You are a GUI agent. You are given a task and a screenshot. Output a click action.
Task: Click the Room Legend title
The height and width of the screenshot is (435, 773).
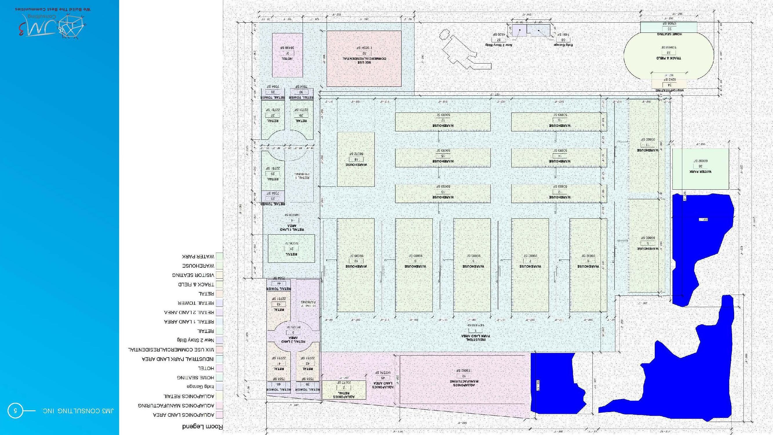203,427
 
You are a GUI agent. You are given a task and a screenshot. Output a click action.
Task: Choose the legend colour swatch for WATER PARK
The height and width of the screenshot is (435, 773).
219,256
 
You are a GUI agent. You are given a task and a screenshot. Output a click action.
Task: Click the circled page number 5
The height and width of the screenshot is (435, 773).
15,410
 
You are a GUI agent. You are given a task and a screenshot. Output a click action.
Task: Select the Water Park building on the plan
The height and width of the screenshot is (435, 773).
700,169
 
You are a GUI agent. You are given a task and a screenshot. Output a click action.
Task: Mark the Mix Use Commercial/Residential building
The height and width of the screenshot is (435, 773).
364,59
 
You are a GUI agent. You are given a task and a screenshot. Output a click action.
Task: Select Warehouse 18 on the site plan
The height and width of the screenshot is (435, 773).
356,159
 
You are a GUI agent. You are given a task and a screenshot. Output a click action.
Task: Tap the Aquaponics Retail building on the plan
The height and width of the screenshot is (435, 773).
343,390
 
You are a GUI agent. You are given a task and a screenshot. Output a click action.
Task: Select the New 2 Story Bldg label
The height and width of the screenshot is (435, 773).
499,45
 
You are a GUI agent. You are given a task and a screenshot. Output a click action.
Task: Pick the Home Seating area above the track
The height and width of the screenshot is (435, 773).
669,27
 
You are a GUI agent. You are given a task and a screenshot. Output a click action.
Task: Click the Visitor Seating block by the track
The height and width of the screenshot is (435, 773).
669,84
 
